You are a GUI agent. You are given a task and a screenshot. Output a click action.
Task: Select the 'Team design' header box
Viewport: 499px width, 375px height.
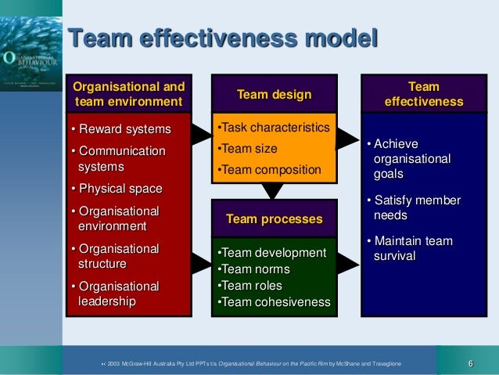click(274, 95)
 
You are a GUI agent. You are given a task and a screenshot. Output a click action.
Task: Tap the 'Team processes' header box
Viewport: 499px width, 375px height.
click(274, 219)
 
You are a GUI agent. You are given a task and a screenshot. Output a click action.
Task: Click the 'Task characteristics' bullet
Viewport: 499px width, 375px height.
click(273, 127)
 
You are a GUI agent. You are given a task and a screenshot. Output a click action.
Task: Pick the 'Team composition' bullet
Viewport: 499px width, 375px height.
click(269, 169)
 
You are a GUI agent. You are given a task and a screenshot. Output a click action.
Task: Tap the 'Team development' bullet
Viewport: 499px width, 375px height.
click(271, 253)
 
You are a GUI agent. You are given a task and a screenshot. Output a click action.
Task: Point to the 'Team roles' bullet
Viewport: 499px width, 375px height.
click(250, 286)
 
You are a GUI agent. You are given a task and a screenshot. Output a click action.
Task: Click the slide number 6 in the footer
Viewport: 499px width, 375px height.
click(471, 362)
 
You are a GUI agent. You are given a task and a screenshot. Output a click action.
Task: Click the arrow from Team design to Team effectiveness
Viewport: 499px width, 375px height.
click(347, 139)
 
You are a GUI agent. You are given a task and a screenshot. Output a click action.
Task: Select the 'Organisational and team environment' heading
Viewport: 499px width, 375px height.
click(128, 94)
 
